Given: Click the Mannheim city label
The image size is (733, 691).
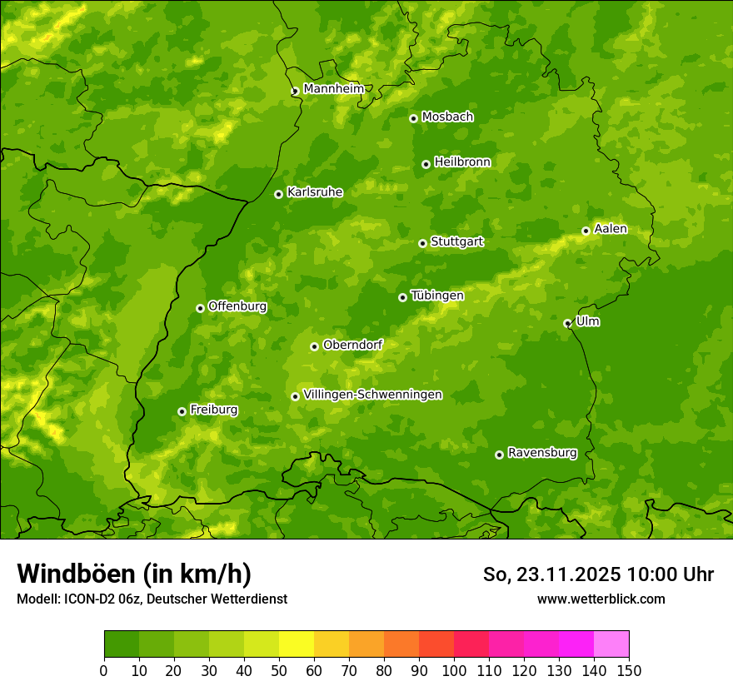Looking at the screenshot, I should (x=333, y=89).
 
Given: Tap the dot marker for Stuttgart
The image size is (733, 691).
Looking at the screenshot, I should (x=422, y=243).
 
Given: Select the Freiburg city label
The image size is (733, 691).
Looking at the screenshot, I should (x=213, y=410).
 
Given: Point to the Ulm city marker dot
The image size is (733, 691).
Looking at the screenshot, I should (x=567, y=323).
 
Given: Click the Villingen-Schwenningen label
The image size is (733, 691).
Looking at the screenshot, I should (x=372, y=395).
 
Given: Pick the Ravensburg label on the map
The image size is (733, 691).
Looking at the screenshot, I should (x=541, y=453).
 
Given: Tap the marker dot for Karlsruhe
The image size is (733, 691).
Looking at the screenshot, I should (x=278, y=194).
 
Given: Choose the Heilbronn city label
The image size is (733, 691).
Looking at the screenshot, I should (x=462, y=162).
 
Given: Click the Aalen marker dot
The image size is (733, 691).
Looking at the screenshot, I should (x=586, y=231).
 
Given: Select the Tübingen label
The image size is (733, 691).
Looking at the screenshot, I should (x=436, y=296).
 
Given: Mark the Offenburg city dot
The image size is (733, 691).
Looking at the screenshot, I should (x=200, y=308).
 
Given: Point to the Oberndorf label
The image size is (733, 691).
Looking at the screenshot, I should (x=352, y=345).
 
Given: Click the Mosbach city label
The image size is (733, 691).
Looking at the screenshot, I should (x=447, y=117).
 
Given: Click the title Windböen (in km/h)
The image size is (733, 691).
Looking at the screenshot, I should (x=133, y=574).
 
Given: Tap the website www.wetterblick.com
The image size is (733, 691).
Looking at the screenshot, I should (x=601, y=599).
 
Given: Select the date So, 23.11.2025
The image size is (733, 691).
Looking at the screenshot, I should (x=552, y=574).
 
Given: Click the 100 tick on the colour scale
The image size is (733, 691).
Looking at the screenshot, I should (x=454, y=670).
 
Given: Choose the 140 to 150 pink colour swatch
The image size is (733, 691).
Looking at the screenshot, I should (x=611, y=644).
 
